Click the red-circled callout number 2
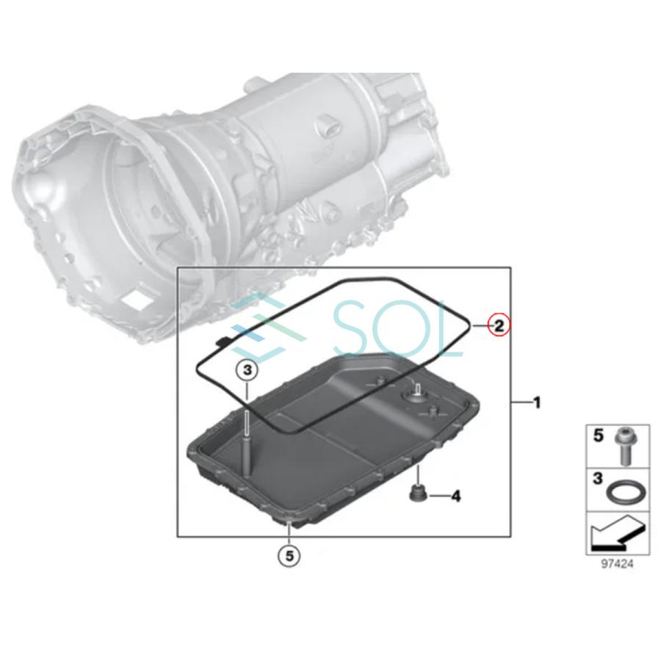tap(498, 325)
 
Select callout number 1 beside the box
tap(537, 402)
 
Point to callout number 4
tap(456, 497)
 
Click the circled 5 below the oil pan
tap(289, 557)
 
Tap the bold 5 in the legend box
tap(598, 436)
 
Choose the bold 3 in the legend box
tap(598, 480)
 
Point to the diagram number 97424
tap(617, 565)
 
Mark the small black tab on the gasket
tap(220, 339)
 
